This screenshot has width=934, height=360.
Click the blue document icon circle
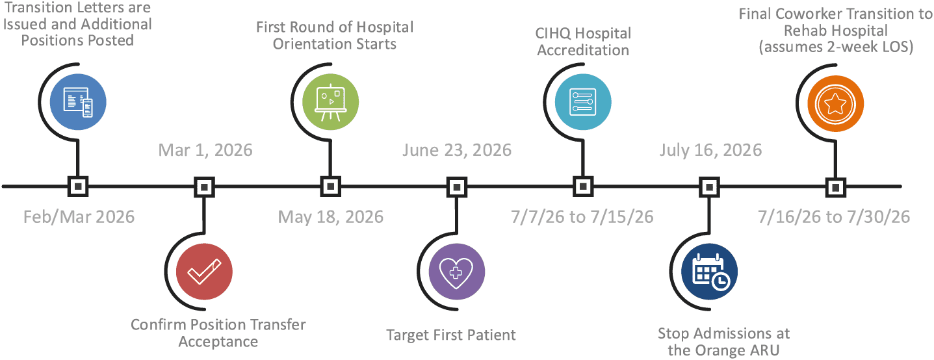point(78,102)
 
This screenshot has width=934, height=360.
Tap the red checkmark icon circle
point(204,272)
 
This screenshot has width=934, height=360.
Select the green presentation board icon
point(331,102)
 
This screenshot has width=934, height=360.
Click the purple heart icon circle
point(457,272)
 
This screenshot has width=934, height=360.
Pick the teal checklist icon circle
point(583,102)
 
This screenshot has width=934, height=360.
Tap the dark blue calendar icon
point(710,272)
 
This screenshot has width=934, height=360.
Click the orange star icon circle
point(836,104)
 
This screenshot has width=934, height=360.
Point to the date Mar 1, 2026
point(205,150)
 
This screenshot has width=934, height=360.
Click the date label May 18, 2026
point(331,217)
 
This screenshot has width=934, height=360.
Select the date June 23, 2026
point(457,150)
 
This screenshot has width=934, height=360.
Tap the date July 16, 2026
point(710,150)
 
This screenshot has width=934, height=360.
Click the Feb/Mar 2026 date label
point(79,217)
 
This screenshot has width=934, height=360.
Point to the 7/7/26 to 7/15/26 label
point(582,217)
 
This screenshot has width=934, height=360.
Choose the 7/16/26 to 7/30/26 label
point(834,217)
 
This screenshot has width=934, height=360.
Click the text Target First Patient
point(450,335)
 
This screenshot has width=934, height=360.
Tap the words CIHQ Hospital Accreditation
point(583,42)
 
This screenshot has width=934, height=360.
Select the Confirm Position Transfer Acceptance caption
point(218,333)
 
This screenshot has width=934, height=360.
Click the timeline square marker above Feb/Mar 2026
point(78,186)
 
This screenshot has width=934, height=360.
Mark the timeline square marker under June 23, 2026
point(457,186)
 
